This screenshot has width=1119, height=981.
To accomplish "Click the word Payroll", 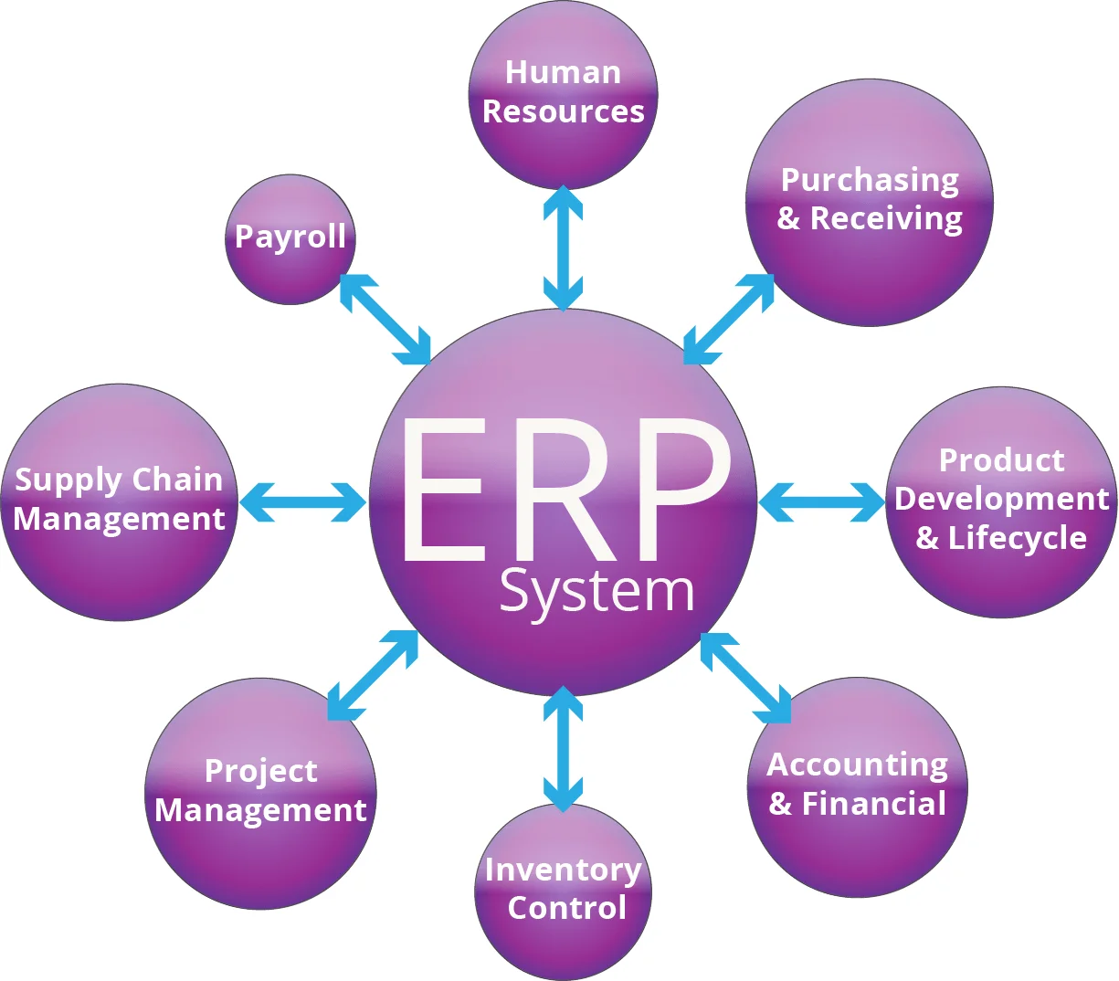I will (x=290, y=237).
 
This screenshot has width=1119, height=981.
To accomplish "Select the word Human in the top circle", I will (x=563, y=72).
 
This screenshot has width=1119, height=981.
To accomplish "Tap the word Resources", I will (x=563, y=111).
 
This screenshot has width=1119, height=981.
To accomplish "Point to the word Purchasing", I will (x=870, y=181).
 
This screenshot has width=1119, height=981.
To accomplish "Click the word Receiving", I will (x=886, y=219).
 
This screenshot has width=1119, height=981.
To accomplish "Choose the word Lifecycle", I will (x=1017, y=538).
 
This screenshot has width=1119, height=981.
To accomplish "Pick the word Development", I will (x=1001, y=499).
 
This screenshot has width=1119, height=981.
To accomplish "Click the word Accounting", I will (x=857, y=765).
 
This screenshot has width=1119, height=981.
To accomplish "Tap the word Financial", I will (x=873, y=804).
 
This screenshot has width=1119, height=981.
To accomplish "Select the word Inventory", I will (x=563, y=870).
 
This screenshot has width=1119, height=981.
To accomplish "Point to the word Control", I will (x=566, y=908).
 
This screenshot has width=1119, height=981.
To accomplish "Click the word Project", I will (x=260, y=771).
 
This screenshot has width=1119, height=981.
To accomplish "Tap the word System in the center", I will (x=596, y=592).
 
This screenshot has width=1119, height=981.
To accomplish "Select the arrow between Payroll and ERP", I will (x=385, y=319).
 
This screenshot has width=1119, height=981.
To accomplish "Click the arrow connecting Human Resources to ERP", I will (x=563, y=248).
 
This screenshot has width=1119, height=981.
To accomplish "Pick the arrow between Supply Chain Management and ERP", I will (x=302, y=501).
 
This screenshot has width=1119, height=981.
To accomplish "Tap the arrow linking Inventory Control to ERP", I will (x=563, y=749).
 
